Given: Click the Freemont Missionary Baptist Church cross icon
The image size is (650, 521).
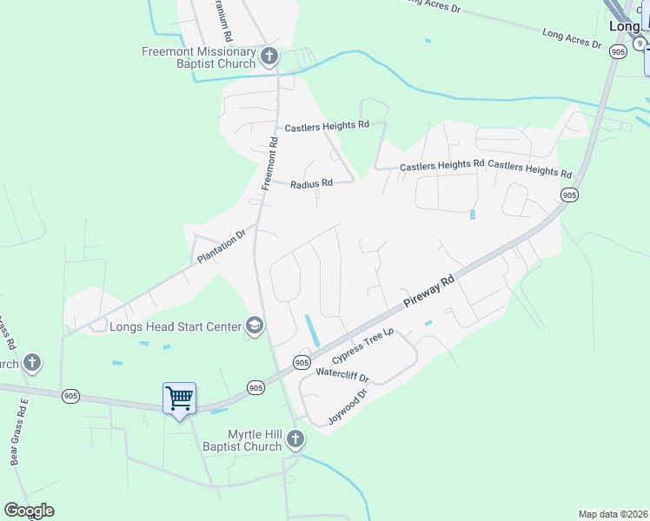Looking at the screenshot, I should (x=269, y=56).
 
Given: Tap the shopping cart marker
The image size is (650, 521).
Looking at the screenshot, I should (x=179, y=399).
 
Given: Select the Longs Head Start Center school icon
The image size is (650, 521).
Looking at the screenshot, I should (x=255, y=326).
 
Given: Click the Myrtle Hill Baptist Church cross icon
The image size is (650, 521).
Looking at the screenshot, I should (x=295, y=439).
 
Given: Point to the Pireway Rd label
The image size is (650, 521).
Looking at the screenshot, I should (x=429, y=293).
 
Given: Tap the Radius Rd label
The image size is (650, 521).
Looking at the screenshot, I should (x=312, y=184).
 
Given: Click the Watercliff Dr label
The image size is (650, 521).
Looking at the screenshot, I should (x=342, y=377).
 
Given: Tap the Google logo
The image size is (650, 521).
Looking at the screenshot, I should (x=29, y=511).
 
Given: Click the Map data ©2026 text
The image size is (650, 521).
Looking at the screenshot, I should (x=613, y=514).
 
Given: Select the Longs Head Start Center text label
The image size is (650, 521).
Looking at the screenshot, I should (x=175, y=326).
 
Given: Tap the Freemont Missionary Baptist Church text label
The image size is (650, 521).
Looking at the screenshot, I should (x=200, y=57).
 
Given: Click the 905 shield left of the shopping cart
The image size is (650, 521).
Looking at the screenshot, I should (x=71, y=396).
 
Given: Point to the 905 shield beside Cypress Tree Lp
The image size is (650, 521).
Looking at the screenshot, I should (x=302, y=362).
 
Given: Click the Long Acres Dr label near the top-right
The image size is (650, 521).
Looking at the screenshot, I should (x=572, y=37).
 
